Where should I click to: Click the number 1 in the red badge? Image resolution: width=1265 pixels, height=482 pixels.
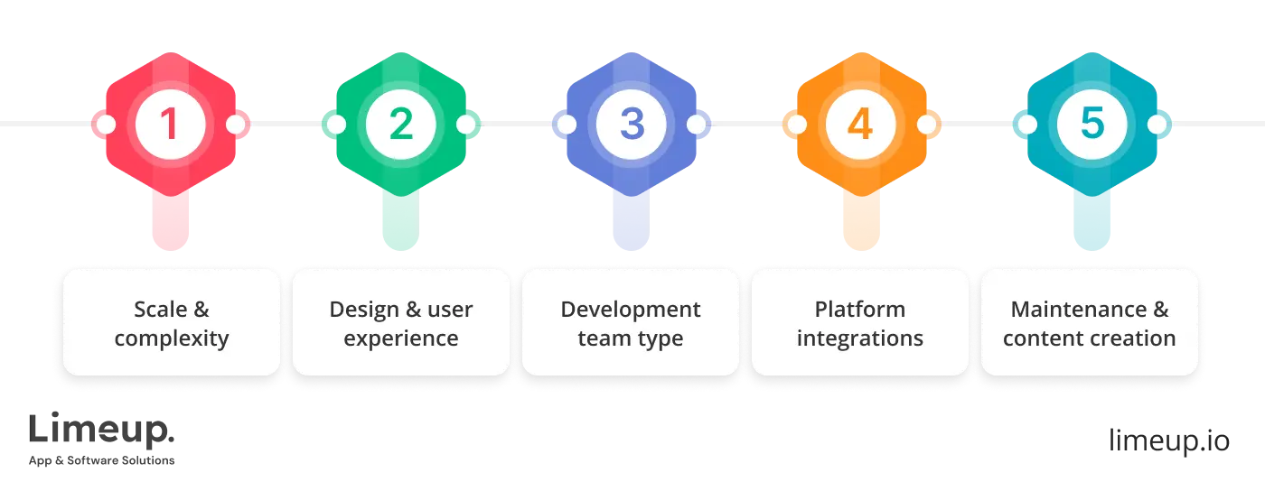(x=170, y=124)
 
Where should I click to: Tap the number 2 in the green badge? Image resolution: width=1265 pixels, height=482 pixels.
(x=400, y=124)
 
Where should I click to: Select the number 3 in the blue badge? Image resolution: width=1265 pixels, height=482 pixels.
(x=631, y=124)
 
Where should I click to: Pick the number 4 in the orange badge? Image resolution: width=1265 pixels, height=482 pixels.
(x=860, y=124)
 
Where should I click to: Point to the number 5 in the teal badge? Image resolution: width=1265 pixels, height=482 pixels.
(x=1092, y=124)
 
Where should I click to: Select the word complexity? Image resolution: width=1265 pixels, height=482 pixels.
(x=172, y=339)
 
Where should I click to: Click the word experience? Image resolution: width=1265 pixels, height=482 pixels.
(x=401, y=339)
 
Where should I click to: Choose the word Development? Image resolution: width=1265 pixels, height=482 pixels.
(x=631, y=310)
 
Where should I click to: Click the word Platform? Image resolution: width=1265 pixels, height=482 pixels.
(x=860, y=310)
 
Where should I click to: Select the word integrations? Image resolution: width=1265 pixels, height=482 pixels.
(x=860, y=339)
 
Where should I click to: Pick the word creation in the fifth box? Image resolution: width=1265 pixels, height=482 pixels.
(x=1134, y=339)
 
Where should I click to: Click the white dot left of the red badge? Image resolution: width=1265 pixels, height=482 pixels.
(x=105, y=125)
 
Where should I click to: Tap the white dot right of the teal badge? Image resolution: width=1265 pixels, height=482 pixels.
(x=1157, y=125)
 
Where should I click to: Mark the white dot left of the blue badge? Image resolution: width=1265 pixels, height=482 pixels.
(x=566, y=125)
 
